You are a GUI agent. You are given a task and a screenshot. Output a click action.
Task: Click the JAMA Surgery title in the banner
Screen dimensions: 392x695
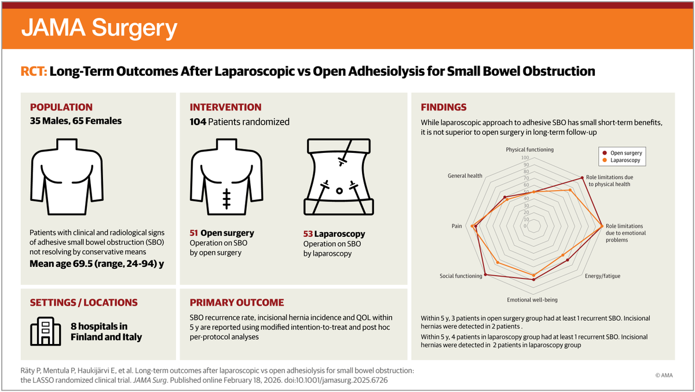coord(99,27)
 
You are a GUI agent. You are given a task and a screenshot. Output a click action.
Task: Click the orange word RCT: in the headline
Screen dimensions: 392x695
coord(34,72)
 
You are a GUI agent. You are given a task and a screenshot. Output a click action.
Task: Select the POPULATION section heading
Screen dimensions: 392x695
coord(61,107)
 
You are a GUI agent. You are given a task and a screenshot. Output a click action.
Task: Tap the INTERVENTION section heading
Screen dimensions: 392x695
coord(226,107)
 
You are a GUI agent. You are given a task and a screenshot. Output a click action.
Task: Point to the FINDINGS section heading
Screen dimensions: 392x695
coord(444,107)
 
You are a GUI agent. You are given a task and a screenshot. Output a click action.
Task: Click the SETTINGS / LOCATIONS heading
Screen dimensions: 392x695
coord(84,302)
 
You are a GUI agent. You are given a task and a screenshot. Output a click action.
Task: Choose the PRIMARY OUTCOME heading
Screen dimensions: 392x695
coord(237,302)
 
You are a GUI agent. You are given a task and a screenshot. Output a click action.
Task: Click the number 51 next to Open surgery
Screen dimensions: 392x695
coord(194,233)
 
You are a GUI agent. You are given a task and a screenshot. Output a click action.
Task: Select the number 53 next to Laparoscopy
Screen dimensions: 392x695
coord(308,234)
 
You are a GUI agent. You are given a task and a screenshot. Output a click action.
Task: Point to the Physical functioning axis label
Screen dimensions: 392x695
coord(529,149)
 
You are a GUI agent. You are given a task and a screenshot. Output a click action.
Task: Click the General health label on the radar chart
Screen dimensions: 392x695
coord(465,175)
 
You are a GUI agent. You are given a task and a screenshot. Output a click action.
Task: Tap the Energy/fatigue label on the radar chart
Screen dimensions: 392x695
coord(602,276)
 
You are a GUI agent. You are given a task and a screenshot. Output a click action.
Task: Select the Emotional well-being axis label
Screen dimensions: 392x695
coord(532,300)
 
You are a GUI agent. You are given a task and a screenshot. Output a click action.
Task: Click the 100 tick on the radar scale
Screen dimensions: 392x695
coord(525,157)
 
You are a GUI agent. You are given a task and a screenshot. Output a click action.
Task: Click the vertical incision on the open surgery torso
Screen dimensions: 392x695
coord(226,197)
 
